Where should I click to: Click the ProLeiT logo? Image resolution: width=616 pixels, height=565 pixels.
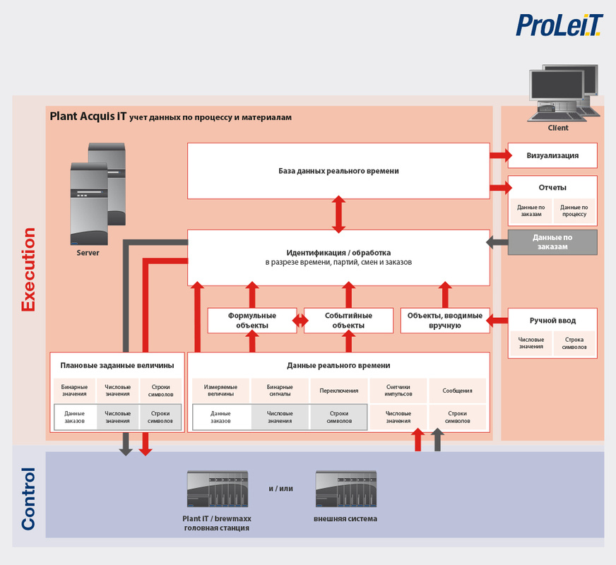tap(559, 25)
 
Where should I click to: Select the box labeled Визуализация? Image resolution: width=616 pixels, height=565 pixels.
tap(552, 155)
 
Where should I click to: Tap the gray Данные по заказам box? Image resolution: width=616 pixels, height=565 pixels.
tap(552, 242)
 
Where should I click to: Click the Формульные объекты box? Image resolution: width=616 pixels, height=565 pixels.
tap(251, 321)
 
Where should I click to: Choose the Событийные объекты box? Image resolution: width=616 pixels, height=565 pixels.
tap(348, 321)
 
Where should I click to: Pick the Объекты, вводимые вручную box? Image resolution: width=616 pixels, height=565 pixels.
tap(445, 321)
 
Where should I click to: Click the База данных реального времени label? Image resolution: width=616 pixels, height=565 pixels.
tap(338, 171)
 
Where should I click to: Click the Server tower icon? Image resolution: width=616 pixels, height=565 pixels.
tap(97, 194)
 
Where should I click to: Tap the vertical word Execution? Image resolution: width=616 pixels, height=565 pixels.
tap(28, 269)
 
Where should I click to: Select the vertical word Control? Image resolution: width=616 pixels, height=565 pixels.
tap(28, 499)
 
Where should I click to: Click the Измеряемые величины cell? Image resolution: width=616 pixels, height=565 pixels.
tap(220, 391)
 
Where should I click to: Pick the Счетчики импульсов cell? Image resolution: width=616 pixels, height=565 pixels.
tap(398, 391)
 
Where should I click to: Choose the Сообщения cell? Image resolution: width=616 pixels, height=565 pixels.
tap(457, 391)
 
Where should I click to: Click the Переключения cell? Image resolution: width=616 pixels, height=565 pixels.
tap(339, 391)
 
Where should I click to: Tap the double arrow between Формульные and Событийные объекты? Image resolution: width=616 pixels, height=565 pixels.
tap(300, 321)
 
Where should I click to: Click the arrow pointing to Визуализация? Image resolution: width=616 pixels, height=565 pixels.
tap(501, 155)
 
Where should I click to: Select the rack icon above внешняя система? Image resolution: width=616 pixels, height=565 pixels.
tap(346, 489)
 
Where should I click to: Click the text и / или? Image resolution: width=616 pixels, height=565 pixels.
tap(281, 489)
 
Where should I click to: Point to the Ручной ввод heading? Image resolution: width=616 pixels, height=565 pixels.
tap(552, 321)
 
